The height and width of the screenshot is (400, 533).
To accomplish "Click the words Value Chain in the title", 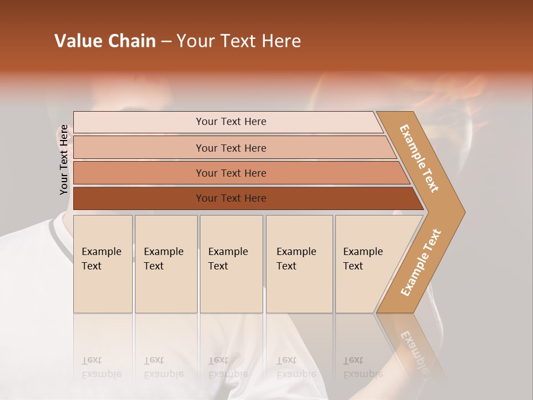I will [105, 41].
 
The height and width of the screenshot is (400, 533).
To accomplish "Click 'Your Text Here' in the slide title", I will [239, 41].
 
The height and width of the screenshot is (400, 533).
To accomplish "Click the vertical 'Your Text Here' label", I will [64, 159].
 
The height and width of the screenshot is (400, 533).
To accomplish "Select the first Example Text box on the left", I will [103, 264].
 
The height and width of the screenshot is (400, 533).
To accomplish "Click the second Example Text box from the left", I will [165, 264].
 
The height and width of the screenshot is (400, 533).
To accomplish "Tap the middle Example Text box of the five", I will [231, 264].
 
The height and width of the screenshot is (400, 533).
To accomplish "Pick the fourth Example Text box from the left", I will [299, 264].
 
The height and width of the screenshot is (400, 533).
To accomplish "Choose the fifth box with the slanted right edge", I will [366, 264].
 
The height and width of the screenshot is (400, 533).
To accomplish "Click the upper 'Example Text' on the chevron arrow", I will [419, 158].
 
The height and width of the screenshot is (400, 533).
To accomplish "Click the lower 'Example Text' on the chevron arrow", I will [421, 262].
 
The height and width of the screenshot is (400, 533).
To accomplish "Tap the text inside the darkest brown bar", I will [231, 198].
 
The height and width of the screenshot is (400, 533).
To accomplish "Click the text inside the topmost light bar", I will [231, 122].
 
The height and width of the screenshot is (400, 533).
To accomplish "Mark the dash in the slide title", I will [166, 42].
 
